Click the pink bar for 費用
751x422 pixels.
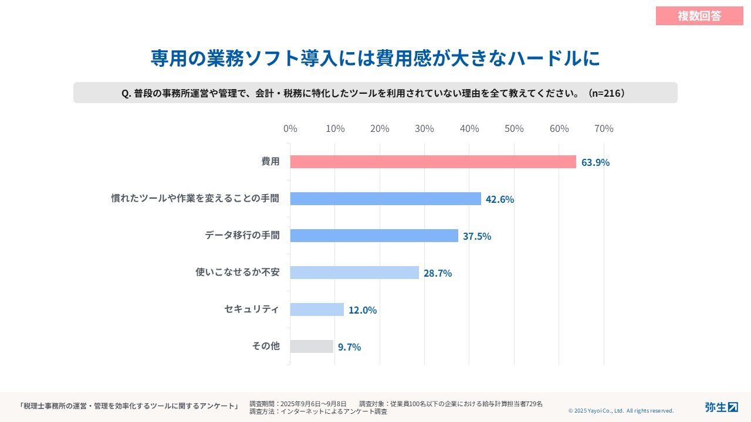(x=433, y=162)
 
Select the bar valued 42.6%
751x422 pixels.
(x=385, y=199)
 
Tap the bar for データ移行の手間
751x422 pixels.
(x=374, y=236)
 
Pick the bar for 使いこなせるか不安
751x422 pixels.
(x=354, y=273)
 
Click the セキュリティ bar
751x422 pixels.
(x=317, y=309)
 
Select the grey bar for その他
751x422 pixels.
(x=312, y=346)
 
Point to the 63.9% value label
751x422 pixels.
(x=596, y=162)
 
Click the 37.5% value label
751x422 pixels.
(x=477, y=236)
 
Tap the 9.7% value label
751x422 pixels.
(x=349, y=347)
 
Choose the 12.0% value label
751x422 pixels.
(x=363, y=310)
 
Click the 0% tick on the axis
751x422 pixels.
(x=290, y=128)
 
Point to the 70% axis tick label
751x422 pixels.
(x=604, y=128)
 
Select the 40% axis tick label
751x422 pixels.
(x=469, y=128)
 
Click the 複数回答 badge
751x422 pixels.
(x=699, y=16)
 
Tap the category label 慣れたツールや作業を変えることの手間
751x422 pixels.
(x=195, y=199)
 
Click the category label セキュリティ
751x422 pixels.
(x=252, y=309)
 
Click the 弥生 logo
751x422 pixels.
(x=721, y=407)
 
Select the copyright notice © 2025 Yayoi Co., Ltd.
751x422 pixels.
(x=621, y=411)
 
